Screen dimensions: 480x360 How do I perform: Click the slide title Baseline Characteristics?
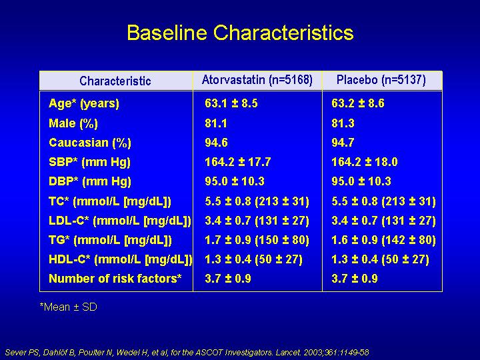pos(240,33)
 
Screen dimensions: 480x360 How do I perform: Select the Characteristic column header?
pos(115,81)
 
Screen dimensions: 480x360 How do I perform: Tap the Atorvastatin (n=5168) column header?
pos(257,80)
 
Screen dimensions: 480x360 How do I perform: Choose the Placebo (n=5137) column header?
pos(381,80)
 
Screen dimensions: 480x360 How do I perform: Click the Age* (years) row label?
pos(84,103)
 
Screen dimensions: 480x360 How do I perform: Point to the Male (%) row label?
pos(73,123)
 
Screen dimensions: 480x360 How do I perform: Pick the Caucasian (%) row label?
pos(90,143)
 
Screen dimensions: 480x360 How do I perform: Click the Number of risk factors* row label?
pos(115,279)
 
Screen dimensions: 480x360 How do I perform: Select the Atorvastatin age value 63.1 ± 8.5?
pos(231,103)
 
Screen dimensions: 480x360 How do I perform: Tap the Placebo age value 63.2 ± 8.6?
pos(358,103)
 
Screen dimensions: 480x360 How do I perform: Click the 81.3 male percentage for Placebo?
pos(343,123)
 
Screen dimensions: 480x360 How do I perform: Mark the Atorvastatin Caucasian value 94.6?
pos(216,143)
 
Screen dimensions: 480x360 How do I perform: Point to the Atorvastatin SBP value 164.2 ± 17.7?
pos(238,162)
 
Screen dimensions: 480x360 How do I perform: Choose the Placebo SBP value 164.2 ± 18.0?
pos(365,162)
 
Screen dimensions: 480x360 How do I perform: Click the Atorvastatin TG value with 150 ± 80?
pos(257,240)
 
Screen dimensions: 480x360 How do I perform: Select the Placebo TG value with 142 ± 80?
pos(383,240)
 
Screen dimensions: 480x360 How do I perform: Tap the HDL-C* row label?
pos(120,259)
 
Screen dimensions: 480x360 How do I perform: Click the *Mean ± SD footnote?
pos(68,307)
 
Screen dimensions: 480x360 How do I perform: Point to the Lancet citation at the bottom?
pos(187,353)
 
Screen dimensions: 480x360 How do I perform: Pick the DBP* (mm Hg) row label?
pos(90,181)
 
